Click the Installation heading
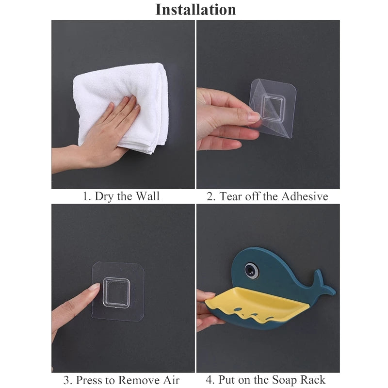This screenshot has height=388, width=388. pos(195,9)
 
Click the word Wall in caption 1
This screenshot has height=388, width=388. pos(147,196)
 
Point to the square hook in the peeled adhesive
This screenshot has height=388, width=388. pos(267,104)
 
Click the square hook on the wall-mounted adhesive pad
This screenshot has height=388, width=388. pos(116,291)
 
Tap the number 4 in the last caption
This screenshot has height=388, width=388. pos(210,380)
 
